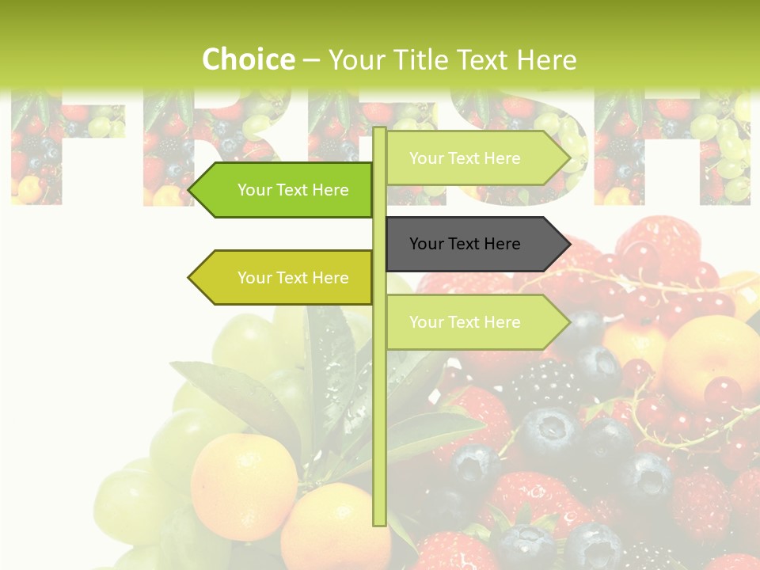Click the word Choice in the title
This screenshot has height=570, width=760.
pos(248,60)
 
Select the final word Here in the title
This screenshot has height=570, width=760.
pos(546,60)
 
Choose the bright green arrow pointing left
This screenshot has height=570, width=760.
pos(285,190)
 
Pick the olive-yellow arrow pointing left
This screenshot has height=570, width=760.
pos(285,277)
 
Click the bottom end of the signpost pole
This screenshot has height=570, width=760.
pos(379,522)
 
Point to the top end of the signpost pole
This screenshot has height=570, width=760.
pos(379,130)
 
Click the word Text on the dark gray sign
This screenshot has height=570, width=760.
pos(465,244)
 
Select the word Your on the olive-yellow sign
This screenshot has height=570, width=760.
pos(254,278)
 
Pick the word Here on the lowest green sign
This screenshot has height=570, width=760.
pos(503,322)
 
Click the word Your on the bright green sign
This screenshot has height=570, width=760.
pos(254,190)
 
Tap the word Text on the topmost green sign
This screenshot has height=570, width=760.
pos(465,158)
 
